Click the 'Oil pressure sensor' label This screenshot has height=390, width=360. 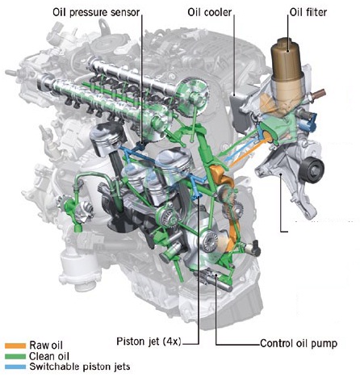[96, 12]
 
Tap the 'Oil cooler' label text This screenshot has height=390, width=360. [210, 12]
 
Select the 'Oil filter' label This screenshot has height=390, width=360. [308, 12]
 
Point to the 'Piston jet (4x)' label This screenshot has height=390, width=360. [149, 342]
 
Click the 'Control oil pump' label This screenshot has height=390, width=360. [299, 343]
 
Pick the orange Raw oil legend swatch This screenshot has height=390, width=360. [15, 346]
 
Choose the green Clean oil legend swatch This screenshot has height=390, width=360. [15, 356]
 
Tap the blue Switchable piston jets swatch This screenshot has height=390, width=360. [15, 367]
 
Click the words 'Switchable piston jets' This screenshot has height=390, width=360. [80, 367]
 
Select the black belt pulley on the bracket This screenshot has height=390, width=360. [312, 170]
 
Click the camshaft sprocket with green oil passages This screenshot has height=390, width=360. [192, 96]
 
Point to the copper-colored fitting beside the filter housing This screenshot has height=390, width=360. [318, 94]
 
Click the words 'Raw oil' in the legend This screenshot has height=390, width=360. [46, 345]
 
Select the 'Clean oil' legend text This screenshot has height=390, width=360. [49, 356]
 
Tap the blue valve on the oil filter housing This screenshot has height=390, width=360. [309, 120]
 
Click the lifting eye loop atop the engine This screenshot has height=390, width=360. [103, 26]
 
